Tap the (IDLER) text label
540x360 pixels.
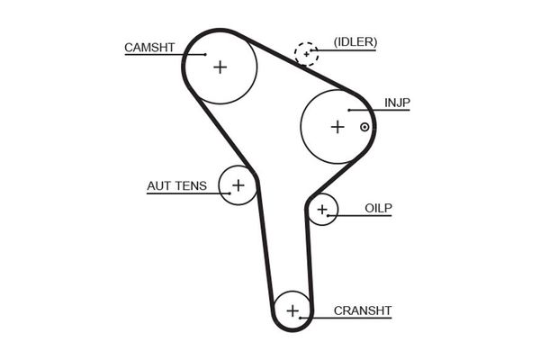[x=355, y=41]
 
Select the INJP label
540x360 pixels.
[x=397, y=103]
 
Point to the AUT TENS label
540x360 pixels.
[x=176, y=186]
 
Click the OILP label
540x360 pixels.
[x=379, y=208]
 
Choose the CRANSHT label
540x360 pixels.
[x=363, y=310]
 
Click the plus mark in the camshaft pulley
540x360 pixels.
[x=220, y=66]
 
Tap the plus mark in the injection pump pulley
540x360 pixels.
[x=337, y=127]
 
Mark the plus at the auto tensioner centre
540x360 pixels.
[x=238, y=186]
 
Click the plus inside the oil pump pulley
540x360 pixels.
[x=322, y=211]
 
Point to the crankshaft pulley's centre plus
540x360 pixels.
[x=292, y=311]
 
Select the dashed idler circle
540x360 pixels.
[x=307, y=54]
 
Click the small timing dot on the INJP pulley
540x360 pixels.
[x=364, y=127]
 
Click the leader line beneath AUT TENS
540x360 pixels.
[x=180, y=195]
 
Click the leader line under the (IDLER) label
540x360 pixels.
[x=351, y=50]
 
